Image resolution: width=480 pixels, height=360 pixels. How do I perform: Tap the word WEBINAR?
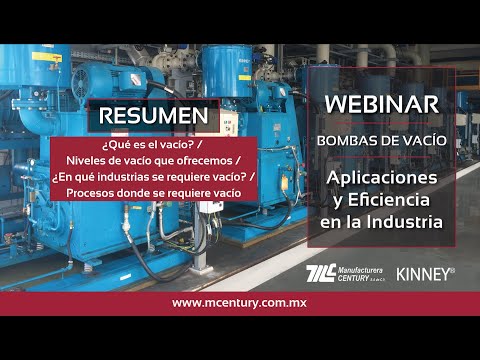380,104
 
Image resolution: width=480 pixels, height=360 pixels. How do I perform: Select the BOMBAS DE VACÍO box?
380,140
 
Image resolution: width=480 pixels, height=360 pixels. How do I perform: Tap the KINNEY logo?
425,272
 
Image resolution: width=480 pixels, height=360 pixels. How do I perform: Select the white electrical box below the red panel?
209,216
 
